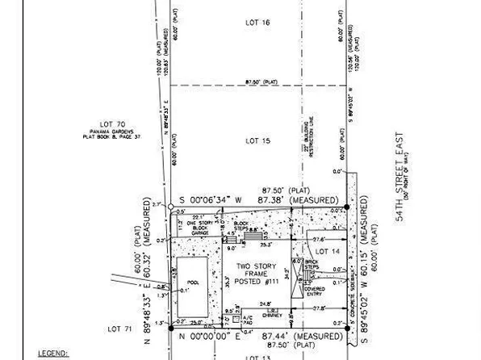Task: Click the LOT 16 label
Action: pos(257,23)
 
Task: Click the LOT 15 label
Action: pos(257,141)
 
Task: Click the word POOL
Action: pos(192,283)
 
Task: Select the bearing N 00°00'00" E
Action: pos(212,335)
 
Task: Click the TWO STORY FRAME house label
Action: pos(251,273)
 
